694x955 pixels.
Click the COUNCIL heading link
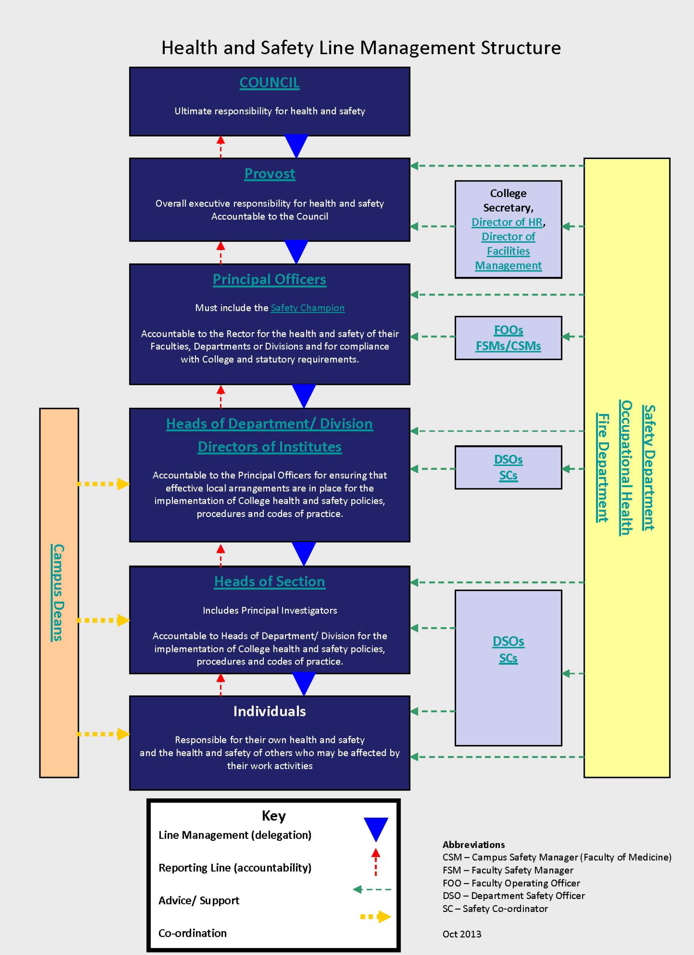(269, 83)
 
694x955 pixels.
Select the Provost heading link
(270, 173)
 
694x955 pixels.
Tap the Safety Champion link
(307, 308)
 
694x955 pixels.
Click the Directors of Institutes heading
(270, 447)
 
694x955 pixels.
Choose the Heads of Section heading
(270, 582)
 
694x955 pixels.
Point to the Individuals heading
(270, 711)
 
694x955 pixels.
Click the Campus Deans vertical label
(58, 592)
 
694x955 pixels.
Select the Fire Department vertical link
(602, 468)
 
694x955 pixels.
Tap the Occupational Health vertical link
(626, 468)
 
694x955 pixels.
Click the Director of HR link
(507, 222)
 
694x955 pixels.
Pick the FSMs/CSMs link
(508, 346)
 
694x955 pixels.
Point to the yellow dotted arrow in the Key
(376, 917)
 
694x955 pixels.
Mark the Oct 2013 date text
(462, 934)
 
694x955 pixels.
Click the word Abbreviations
(473, 844)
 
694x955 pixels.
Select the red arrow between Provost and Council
(221, 146)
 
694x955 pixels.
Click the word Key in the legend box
(273, 816)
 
